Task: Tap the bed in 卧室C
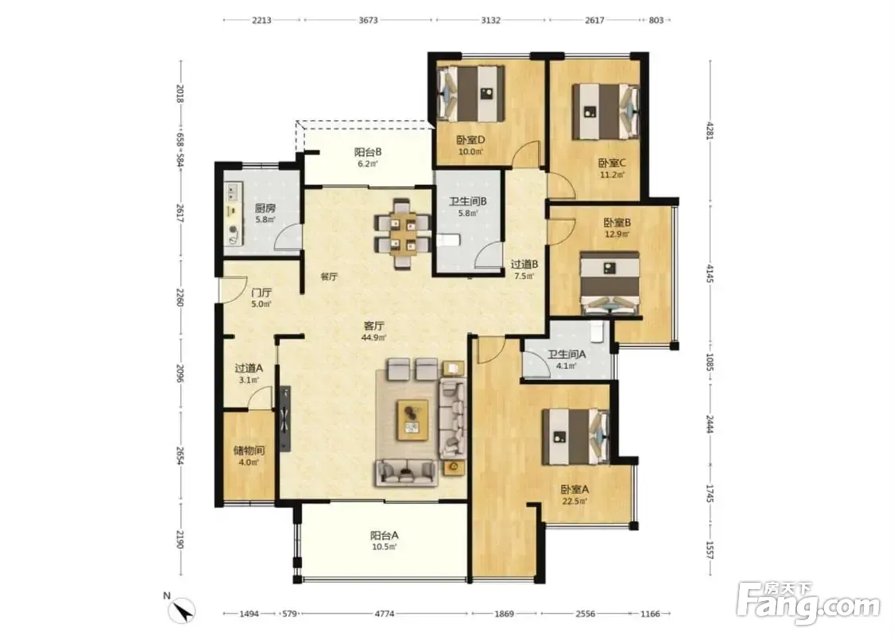tap(606, 112)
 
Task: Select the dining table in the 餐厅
tap(402, 233)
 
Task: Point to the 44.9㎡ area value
tap(373, 338)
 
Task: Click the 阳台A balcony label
tap(384, 536)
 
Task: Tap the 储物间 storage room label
tap(249, 450)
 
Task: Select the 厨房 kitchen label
tap(265, 208)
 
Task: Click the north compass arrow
tap(184, 611)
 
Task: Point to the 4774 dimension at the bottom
tap(384, 615)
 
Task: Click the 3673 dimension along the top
tap(368, 20)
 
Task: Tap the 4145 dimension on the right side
tap(710, 273)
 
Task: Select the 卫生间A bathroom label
tap(566, 355)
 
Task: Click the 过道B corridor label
tap(524, 264)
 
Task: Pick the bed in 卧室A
tap(575, 436)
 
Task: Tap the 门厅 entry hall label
tap(261, 293)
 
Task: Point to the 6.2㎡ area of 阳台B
tap(368, 164)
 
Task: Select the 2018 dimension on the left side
tap(180, 93)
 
